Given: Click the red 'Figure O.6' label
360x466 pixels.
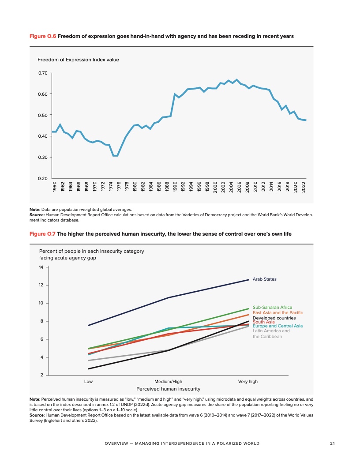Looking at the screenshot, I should [x=42, y=36].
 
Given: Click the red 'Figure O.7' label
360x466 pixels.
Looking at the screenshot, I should [x=42, y=233].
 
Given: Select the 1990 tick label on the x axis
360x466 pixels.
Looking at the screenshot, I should [x=175, y=188].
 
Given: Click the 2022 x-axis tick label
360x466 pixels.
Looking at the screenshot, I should [x=304, y=188].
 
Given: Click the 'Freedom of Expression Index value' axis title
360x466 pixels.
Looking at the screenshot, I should [x=78, y=60].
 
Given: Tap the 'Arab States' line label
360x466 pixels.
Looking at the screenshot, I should [x=265, y=279].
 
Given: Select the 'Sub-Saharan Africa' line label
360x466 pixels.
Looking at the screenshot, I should [x=272, y=307].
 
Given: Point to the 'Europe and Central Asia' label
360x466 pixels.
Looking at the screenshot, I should [x=277, y=326].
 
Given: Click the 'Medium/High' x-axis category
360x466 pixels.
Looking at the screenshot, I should [x=168, y=381].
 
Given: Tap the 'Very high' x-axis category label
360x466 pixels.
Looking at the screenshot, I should [x=247, y=381].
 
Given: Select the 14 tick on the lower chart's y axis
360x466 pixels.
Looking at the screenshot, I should [x=41, y=267].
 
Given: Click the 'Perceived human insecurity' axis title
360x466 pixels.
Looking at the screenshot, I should [x=169, y=389].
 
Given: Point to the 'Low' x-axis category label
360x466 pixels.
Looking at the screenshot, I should [x=88, y=381].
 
